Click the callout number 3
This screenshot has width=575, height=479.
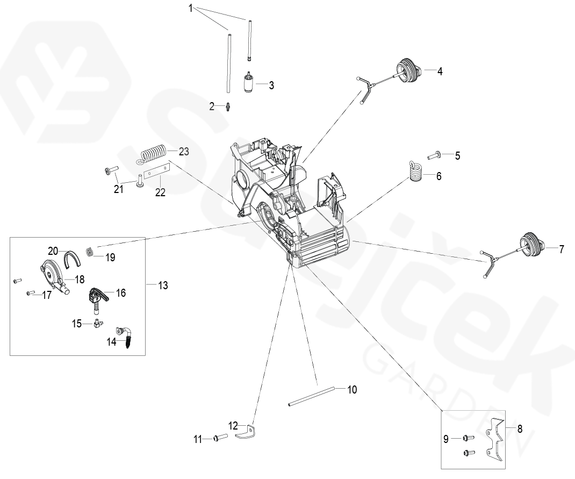(x=271, y=85)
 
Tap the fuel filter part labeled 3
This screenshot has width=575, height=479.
(x=249, y=84)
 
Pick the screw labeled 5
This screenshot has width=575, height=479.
(x=434, y=156)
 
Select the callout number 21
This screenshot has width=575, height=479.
(x=118, y=189)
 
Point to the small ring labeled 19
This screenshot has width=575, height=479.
(x=91, y=251)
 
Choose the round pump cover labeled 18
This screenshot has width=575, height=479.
(x=52, y=272)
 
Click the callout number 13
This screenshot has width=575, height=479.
(x=162, y=285)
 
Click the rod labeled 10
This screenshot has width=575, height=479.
(x=312, y=395)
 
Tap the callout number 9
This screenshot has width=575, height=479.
(x=445, y=439)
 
